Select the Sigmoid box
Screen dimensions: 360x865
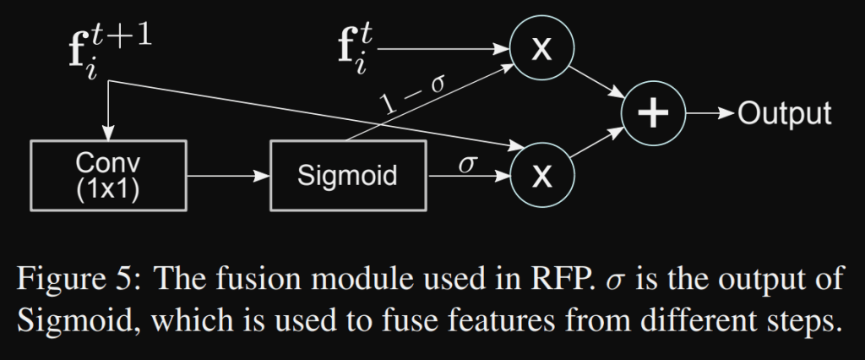[x=347, y=176]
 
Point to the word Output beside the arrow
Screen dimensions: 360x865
[x=785, y=113]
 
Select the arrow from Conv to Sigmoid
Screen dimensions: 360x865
[x=228, y=177]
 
